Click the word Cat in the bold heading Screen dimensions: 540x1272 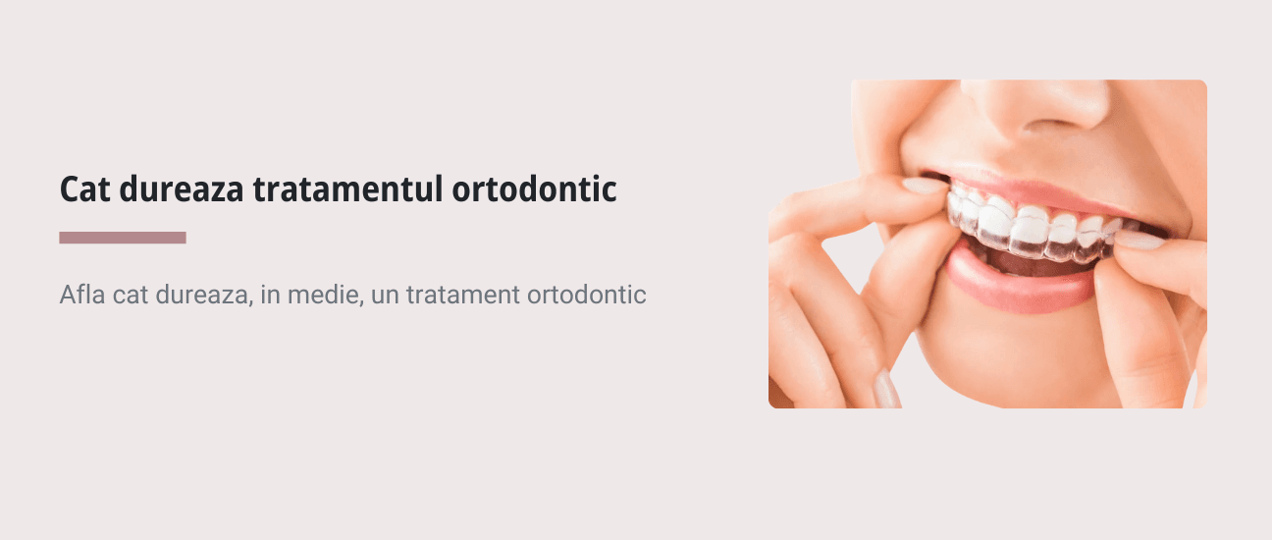84,189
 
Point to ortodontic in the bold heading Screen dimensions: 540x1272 534,189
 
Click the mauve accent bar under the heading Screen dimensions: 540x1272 123,238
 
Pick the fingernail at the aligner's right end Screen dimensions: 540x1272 1139,240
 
